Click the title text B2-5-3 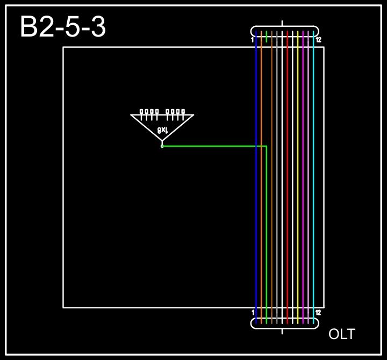(63, 27)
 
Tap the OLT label (341, 334)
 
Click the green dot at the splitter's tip (162, 146)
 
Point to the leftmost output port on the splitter (141, 112)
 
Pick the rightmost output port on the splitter (183, 112)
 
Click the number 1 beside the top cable (252, 40)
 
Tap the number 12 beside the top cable (318, 40)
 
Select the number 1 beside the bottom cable (253, 312)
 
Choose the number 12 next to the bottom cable (318, 312)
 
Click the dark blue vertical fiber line (256, 177)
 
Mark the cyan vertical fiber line (313, 177)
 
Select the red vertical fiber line (288, 177)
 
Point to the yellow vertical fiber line (298, 177)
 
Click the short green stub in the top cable (267, 37)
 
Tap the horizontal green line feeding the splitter (215, 146)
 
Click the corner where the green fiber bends (267, 146)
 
